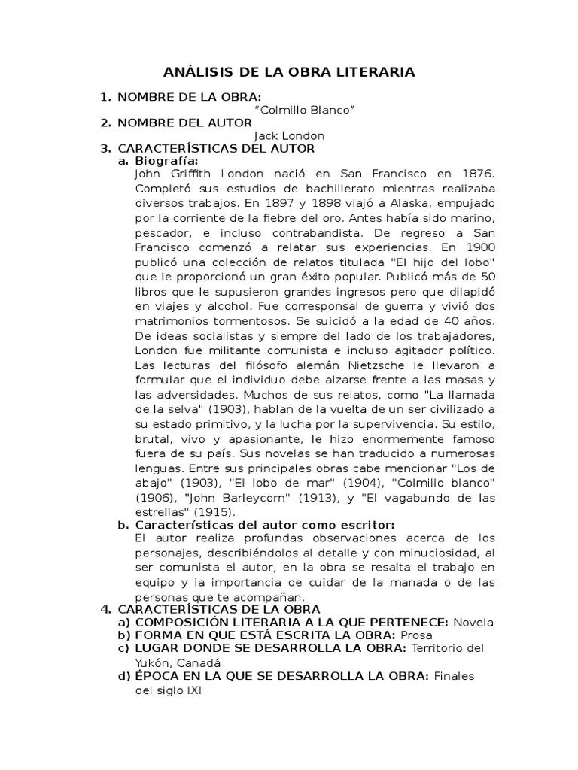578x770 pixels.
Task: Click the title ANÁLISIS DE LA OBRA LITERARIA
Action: [x=289, y=73]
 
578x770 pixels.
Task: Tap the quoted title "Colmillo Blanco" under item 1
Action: [x=305, y=110]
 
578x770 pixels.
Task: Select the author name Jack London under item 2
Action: [x=289, y=135]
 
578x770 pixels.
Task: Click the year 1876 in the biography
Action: [x=479, y=174]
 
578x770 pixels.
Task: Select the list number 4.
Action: [x=106, y=608]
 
